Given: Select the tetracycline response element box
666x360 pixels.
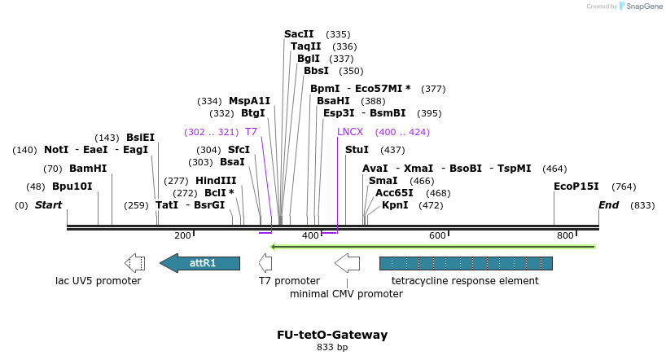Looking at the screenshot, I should pyautogui.click(x=466, y=263).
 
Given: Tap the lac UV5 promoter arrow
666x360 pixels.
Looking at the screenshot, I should pyautogui.click(x=134, y=263).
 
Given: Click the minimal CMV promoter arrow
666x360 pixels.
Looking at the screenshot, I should pyautogui.click(x=347, y=263).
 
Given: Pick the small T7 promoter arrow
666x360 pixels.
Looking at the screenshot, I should pyautogui.click(x=265, y=263).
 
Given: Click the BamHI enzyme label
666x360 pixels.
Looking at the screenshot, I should pyautogui.click(x=88, y=169).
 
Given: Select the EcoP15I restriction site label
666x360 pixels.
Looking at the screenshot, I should pyautogui.click(x=576, y=187).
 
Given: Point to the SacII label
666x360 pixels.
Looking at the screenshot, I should pyautogui.click(x=299, y=34).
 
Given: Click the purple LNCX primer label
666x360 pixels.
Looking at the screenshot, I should pyautogui.click(x=350, y=132).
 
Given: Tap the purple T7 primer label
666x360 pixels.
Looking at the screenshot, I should pyautogui.click(x=251, y=132).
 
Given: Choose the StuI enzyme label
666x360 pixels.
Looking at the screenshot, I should pyautogui.click(x=357, y=150).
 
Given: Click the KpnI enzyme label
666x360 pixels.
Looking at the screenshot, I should pyautogui.click(x=395, y=205).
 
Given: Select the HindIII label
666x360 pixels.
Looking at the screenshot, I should pyautogui.click(x=216, y=181).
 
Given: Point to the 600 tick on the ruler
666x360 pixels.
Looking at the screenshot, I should pyautogui.click(x=437, y=235).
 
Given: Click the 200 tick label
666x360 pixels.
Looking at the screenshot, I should pyautogui.click(x=182, y=235).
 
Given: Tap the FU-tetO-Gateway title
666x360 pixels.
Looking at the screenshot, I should pyautogui.click(x=332, y=335).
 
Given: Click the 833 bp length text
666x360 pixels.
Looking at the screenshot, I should pyautogui.click(x=332, y=348).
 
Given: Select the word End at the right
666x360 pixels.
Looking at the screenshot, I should pyautogui.click(x=609, y=205).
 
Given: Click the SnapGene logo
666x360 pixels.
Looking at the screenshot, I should pyautogui.click(x=641, y=7).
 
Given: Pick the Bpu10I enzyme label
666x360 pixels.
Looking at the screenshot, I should pyautogui.click(x=72, y=187).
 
